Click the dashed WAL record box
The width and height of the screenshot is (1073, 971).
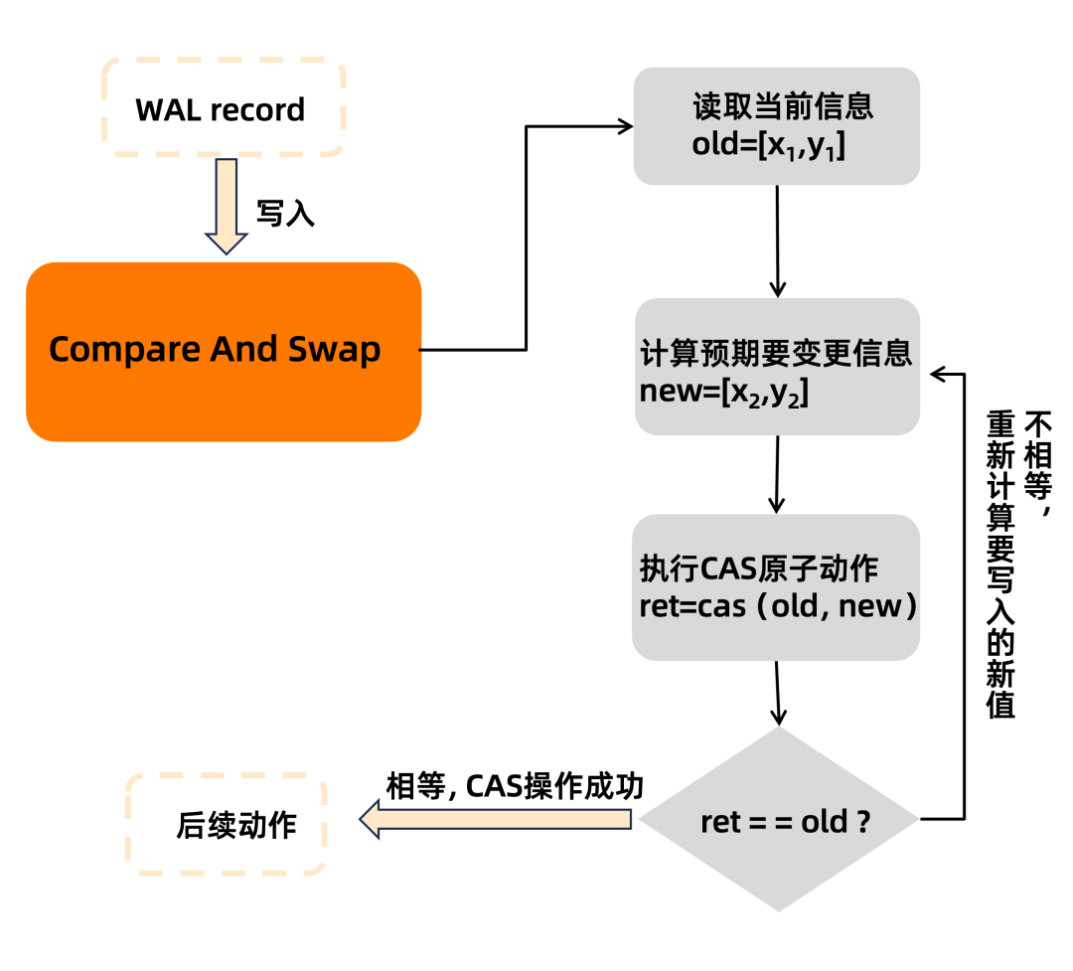tap(221, 108)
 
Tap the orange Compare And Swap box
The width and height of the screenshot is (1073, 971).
tap(224, 351)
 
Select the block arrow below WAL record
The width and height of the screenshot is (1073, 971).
tap(227, 207)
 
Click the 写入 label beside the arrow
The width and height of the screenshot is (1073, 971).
tap(285, 214)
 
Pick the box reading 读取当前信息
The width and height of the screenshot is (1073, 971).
tap(776, 126)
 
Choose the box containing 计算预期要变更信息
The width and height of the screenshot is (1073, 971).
tap(776, 367)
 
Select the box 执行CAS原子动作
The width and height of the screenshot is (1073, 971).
tap(776, 587)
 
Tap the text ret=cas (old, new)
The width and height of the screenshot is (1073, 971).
tap(776, 605)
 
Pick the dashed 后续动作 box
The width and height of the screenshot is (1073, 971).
tap(227, 826)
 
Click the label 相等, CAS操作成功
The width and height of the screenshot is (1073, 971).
tap(515, 787)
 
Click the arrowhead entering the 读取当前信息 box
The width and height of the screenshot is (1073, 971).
tap(624, 126)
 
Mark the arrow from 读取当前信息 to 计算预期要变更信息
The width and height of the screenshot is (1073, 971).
tap(777, 241)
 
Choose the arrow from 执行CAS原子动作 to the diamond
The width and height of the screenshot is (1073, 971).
tap(778, 693)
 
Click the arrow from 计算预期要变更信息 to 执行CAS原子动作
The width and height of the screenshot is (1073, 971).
tap(777, 473)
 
